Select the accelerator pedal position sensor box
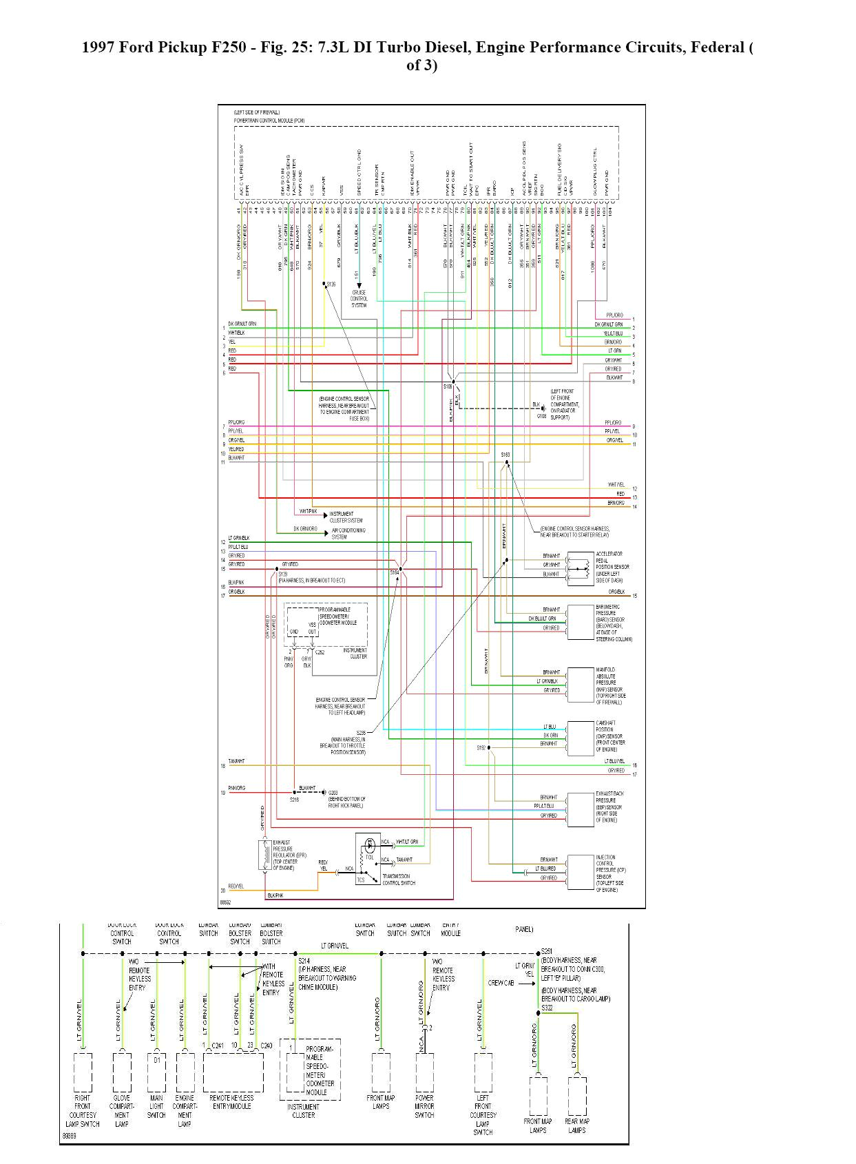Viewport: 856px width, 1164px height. [580, 568]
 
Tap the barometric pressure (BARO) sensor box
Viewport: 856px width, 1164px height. [580, 622]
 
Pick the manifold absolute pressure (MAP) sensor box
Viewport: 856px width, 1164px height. [580, 685]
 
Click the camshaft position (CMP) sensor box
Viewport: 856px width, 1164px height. [580, 738]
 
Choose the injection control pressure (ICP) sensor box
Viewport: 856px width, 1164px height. [580, 873]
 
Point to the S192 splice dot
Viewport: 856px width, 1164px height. [490, 748]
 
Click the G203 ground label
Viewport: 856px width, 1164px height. [333, 793]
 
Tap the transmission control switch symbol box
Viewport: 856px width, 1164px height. [368, 860]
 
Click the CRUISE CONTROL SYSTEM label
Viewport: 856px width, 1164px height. [359, 299]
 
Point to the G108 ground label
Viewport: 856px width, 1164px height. [541, 416]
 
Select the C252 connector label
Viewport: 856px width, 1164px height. [320, 652]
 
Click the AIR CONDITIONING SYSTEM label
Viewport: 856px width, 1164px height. [348, 534]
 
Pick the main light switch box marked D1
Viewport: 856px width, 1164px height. [156, 1072]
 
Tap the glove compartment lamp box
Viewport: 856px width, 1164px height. [122, 1072]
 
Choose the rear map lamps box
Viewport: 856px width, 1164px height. [577, 1097]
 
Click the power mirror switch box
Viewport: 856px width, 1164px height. [424, 1072]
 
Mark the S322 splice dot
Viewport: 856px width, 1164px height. [539, 1013]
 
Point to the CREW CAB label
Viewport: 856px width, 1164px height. [501, 983]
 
